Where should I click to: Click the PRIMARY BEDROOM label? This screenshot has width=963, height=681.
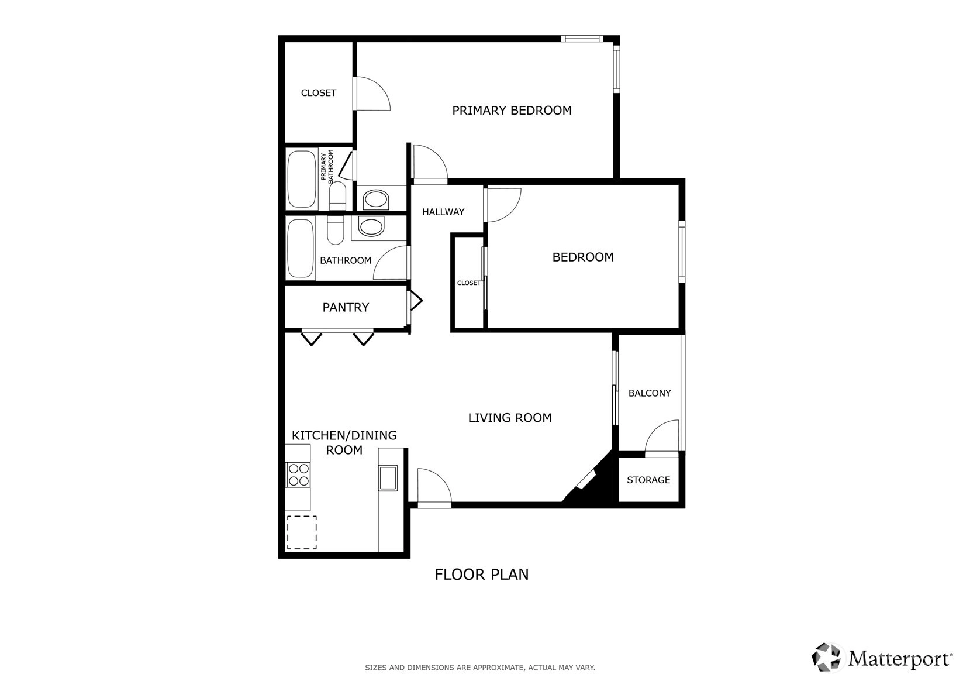pos(512,111)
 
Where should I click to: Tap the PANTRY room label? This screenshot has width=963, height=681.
pos(346,307)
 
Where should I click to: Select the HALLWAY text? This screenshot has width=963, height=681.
pos(443,212)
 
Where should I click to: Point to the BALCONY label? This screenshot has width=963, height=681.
pos(649,393)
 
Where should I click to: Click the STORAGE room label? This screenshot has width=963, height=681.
pos(648,480)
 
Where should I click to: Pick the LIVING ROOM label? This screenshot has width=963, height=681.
pos(510,418)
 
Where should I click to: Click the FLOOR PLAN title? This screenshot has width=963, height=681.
pos(482,575)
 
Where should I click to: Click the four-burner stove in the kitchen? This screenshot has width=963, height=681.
pos(298,475)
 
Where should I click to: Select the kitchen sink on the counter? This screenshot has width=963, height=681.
pos(388,477)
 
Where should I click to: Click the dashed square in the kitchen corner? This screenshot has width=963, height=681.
pos(302,532)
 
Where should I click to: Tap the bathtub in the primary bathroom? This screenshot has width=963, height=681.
pos(302,179)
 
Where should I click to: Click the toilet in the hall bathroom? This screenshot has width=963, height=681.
pos(336,230)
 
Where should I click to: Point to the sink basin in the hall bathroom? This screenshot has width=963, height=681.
pos(371,226)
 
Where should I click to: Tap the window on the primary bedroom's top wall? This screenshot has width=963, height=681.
pos(582,39)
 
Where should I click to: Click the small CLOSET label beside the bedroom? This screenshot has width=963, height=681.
pos(468,283)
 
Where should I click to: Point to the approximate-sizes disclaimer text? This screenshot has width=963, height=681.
pos(480,668)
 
